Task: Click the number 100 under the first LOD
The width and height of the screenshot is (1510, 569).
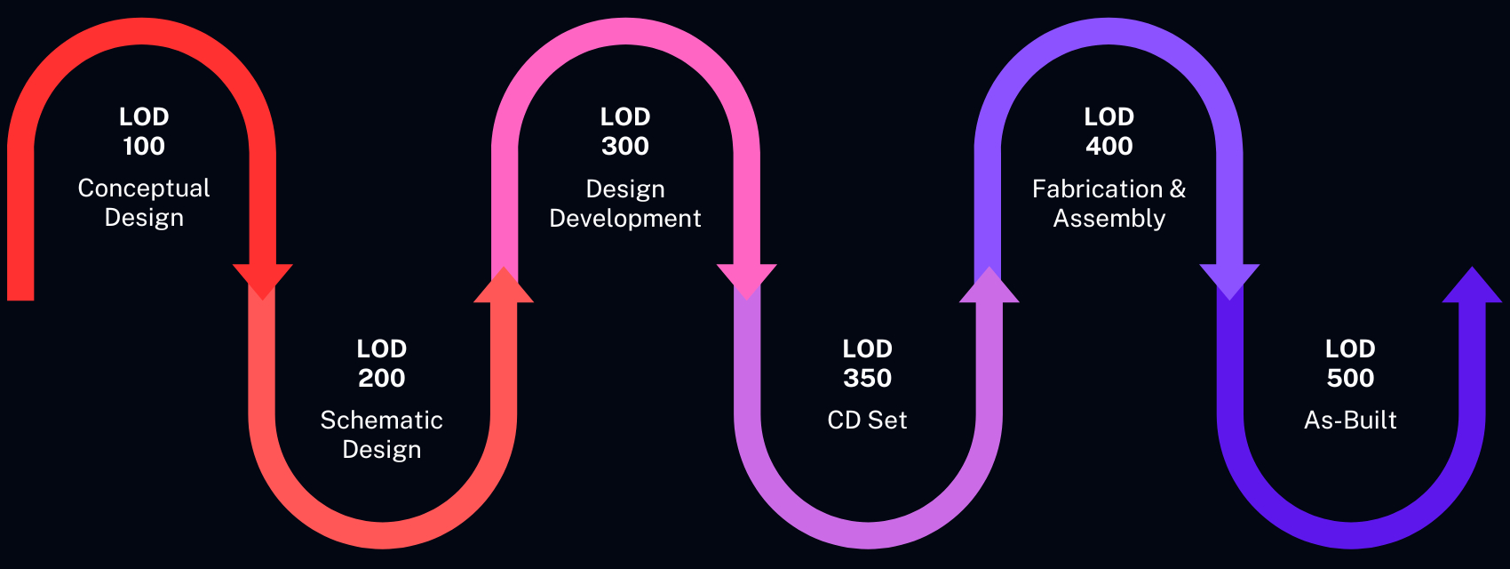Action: [x=144, y=146]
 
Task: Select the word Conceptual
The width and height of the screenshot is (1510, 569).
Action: [x=144, y=188]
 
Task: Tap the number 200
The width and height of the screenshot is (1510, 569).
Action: [x=382, y=378]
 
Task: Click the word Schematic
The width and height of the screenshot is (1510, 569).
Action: [x=382, y=420]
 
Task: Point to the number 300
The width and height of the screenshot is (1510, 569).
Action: [x=625, y=146]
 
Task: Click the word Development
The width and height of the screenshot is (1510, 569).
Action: [x=625, y=219]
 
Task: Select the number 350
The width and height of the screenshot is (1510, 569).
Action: [x=868, y=378]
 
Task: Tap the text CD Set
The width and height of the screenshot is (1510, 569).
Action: [x=868, y=420]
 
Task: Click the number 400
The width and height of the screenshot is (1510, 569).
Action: [x=1109, y=146]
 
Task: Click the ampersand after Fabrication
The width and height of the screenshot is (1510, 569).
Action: [x=1178, y=188]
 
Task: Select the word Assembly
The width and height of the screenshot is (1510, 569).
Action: [x=1109, y=219]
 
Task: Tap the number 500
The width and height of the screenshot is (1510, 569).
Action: [x=1351, y=378]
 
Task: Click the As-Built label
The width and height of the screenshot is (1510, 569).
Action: [x=1351, y=420]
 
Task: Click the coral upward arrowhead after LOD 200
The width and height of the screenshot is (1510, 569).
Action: [x=504, y=287]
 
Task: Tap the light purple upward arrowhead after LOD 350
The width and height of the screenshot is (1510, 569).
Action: [x=989, y=287]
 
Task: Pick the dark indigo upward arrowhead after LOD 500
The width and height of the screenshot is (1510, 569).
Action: [x=1472, y=287]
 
